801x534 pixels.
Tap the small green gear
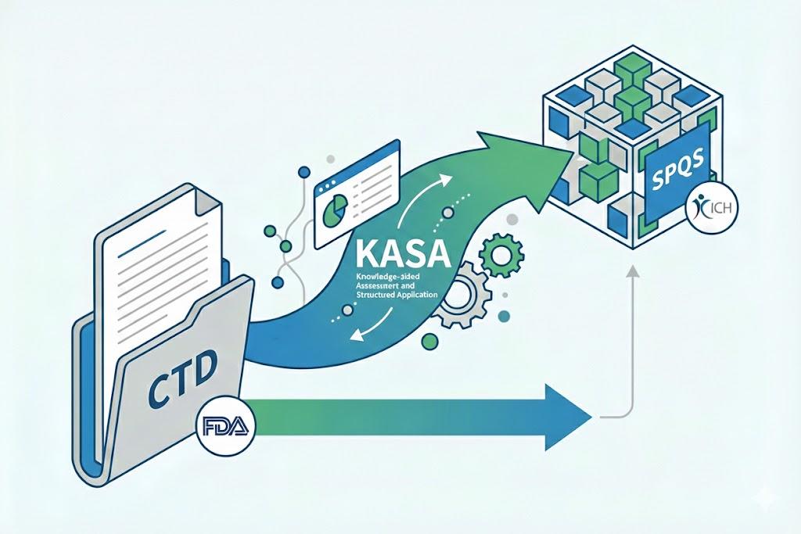click(498, 255)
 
